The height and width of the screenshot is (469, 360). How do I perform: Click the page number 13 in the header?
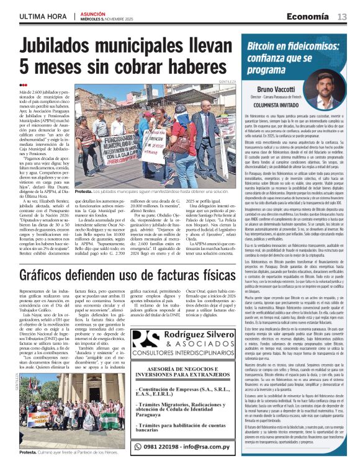pyautogui.click(x=342, y=17)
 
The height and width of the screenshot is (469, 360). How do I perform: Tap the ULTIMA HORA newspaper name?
pyautogui.click(x=43, y=16)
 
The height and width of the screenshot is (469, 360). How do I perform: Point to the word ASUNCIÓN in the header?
pyautogui.click(x=92, y=13)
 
